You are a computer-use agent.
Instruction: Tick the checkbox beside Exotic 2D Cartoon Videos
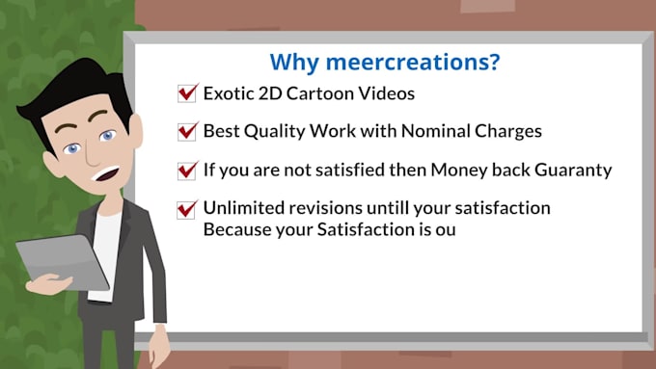pyautogui.click(x=187, y=93)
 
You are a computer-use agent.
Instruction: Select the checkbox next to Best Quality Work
pyautogui.click(x=187, y=131)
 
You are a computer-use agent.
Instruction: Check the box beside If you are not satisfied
pyautogui.click(x=187, y=171)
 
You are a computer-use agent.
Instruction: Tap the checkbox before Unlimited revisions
pyautogui.click(x=187, y=209)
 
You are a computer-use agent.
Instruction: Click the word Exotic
pyautogui.click(x=229, y=93)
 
